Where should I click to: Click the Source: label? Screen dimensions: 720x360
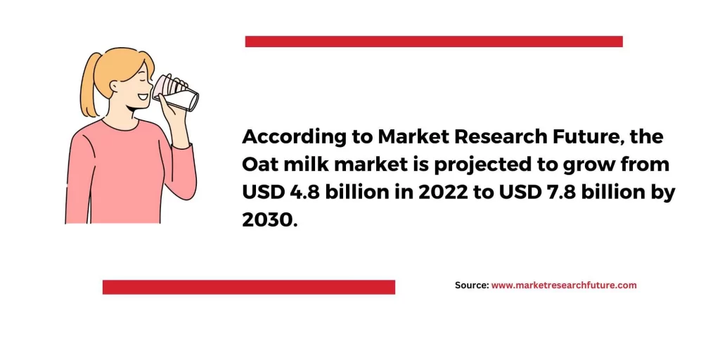472,285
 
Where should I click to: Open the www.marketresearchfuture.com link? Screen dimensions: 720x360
564,285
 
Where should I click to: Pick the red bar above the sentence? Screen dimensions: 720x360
434,41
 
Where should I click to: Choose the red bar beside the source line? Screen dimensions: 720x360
249,287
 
